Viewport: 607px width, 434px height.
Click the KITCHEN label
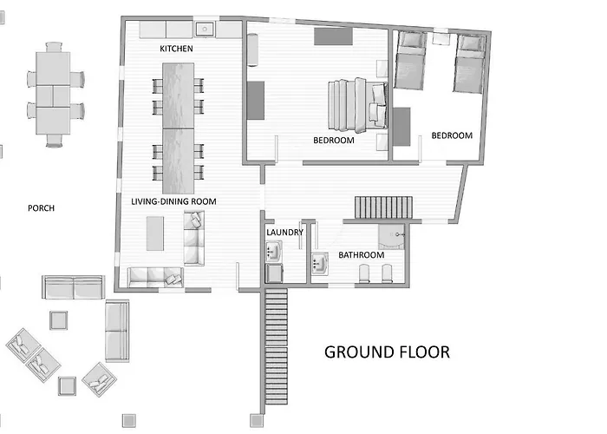point(176,49)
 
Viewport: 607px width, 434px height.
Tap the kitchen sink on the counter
point(205,29)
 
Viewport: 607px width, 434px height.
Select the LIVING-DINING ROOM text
point(173,201)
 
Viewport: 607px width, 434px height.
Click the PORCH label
point(41,208)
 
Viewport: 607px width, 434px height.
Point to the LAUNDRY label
point(284,232)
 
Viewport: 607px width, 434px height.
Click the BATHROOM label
point(362,254)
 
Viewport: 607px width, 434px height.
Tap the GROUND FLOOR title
point(387,352)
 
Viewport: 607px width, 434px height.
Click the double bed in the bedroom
point(357,105)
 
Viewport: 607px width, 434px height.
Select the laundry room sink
point(274,251)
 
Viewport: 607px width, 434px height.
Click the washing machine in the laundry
point(274,273)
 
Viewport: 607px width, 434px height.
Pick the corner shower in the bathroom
point(391,237)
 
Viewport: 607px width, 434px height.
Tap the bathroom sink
point(320,264)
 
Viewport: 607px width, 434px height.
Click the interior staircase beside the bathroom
point(383,207)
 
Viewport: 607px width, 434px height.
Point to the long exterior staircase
point(276,346)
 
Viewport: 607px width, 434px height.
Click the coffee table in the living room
point(155,233)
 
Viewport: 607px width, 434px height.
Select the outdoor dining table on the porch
point(53,94)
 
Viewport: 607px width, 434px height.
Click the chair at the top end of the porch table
point(54,47)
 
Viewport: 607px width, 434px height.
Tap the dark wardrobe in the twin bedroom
point(401,127)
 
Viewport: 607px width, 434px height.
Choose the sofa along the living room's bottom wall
point(155,278)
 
